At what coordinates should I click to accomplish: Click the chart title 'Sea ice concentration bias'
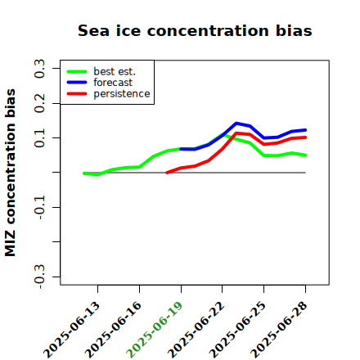click(x=195, y=30)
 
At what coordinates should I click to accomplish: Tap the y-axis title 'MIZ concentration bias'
click(x=11, y=173)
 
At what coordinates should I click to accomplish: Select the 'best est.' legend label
click(x=115, y=71)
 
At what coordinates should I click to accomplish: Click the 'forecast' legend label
click(x=113, y=83)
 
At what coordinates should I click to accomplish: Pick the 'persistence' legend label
click(x=122, y=94)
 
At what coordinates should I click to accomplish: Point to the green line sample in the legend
click(x=77, y=71)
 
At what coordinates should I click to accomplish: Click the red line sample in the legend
click(x=77, y=94)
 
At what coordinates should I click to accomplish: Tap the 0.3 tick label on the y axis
click(x=40, y=69)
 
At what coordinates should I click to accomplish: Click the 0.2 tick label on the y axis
click(x=40, y=103)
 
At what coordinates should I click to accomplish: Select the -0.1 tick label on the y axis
click(x=40, y=208)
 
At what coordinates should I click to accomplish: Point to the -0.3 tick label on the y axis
click(x=40, y=277)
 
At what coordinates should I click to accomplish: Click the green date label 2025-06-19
click(x=155, y=330)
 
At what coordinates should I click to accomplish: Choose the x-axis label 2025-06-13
click(x=71, y=330)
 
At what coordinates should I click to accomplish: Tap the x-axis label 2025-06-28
click(x=279, y=330)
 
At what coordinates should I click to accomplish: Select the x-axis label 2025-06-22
click(x=196, y=330)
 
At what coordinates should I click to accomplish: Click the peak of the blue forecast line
click(x=236, y=124)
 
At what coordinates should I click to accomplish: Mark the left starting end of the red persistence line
click(x=167, y=173)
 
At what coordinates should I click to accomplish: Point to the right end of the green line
click(x=305, y=155)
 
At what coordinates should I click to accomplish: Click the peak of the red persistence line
click(x=236, y=133)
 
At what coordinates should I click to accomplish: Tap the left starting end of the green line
click(x=84, y=173)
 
